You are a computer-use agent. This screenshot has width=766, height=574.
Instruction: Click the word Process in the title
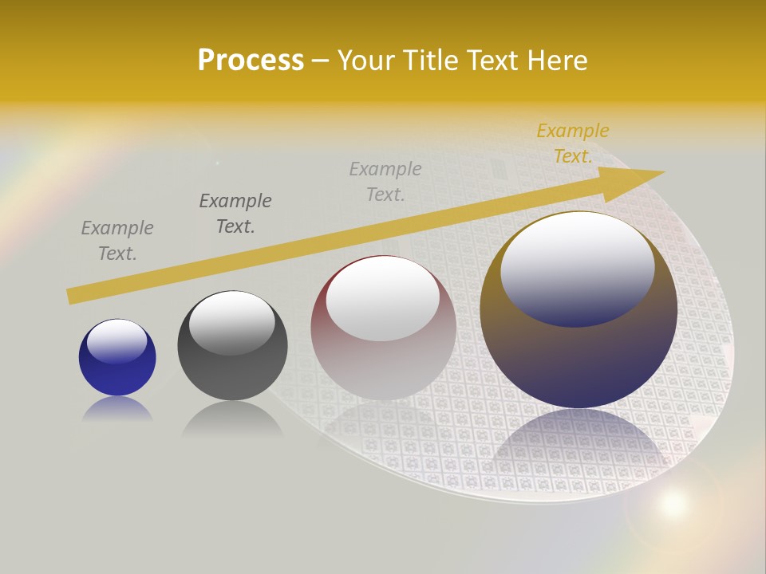click(251, 61)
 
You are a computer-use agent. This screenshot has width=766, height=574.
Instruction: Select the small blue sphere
click(117, 358)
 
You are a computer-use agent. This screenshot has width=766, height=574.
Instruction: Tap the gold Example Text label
click(573, 143)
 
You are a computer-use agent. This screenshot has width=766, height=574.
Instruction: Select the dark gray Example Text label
click(235, 214)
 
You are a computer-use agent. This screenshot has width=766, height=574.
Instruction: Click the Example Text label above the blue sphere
click(117, 241)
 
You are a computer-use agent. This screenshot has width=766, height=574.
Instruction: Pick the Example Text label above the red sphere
click(385, 181)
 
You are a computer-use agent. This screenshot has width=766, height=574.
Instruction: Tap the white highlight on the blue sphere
click(116, 342)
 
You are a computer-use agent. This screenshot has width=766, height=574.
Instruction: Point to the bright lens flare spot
click(673, 503)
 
